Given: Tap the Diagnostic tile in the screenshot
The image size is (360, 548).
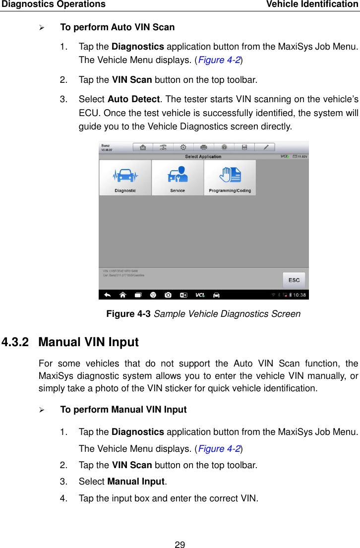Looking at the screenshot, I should click(x=125, y=178).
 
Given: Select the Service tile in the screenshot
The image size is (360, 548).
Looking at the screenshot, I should click(x=178, y=178).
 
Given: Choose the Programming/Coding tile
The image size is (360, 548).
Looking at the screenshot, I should click(x=230, y=178).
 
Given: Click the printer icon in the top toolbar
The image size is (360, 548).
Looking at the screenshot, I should click(x=204, y=147).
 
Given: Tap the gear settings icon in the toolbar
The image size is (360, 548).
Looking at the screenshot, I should click(x=183, y=147).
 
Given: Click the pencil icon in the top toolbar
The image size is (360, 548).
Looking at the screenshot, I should click(x=266, y=147).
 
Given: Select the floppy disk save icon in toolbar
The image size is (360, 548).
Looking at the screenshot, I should click(x=245, y=147).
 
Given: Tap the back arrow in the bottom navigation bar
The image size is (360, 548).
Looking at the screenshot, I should click(x=107, y=295).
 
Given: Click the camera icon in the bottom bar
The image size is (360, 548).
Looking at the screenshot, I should click(x=168, y=295).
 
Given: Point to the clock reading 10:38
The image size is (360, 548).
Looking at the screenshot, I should click(x=300, y=295).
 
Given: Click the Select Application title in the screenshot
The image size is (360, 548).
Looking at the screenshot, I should click(x=203, y=157).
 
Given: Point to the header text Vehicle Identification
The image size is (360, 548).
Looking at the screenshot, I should click(x=312, y=4).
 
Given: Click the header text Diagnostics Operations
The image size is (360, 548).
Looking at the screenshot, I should click(x=53, y=4).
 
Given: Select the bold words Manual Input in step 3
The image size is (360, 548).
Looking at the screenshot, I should click(x=136, y=482).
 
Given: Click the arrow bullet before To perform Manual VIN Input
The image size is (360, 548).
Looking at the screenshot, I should click(x=42, y=410).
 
